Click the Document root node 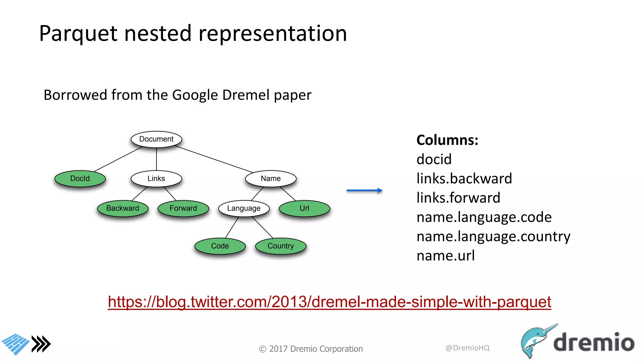click(x=156, y=139)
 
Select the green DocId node click(x=80, y=179)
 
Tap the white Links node click(x=156, y=179)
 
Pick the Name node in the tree click(x=271, y=179)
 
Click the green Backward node click(x=123, y=208)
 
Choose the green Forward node click(x=183, y=208)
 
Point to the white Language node click(x=244, y=208)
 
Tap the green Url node click(x=304, y=208)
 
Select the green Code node click(x=220, y=246)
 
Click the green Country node click(x=281, y=246)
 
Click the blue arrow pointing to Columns click(x=364, y=191)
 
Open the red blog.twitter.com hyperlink click(x=329, y=302)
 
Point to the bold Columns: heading click(x=447, y=140)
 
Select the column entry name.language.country click(x=493, y=237)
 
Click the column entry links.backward click(x=464, y=179)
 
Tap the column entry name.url click(x=445, y=256)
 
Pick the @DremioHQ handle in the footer click(x=467, y=348)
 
